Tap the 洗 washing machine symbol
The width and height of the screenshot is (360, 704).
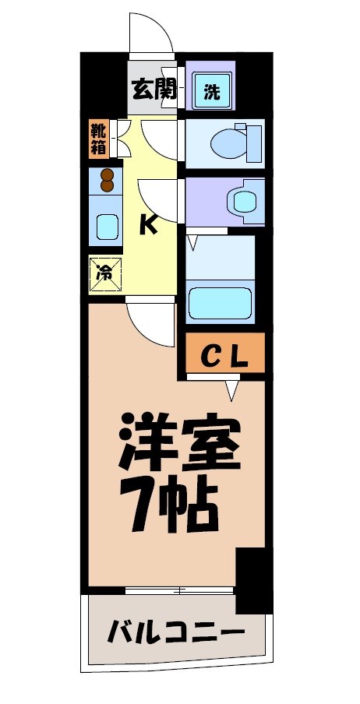click(x=212, y=91)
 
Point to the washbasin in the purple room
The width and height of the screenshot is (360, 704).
click(x=245, y=201)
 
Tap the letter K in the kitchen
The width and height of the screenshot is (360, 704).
click(x=148, y=225)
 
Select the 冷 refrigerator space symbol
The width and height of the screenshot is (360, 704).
click(x=104, y=273)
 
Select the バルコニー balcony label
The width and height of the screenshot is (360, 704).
click(x=176, y=629)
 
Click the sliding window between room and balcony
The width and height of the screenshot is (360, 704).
click(x=179, y=590)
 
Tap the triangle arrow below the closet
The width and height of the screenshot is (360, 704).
click(x=232, y=389)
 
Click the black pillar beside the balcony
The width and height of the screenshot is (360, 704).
click(x=253, y=580)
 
